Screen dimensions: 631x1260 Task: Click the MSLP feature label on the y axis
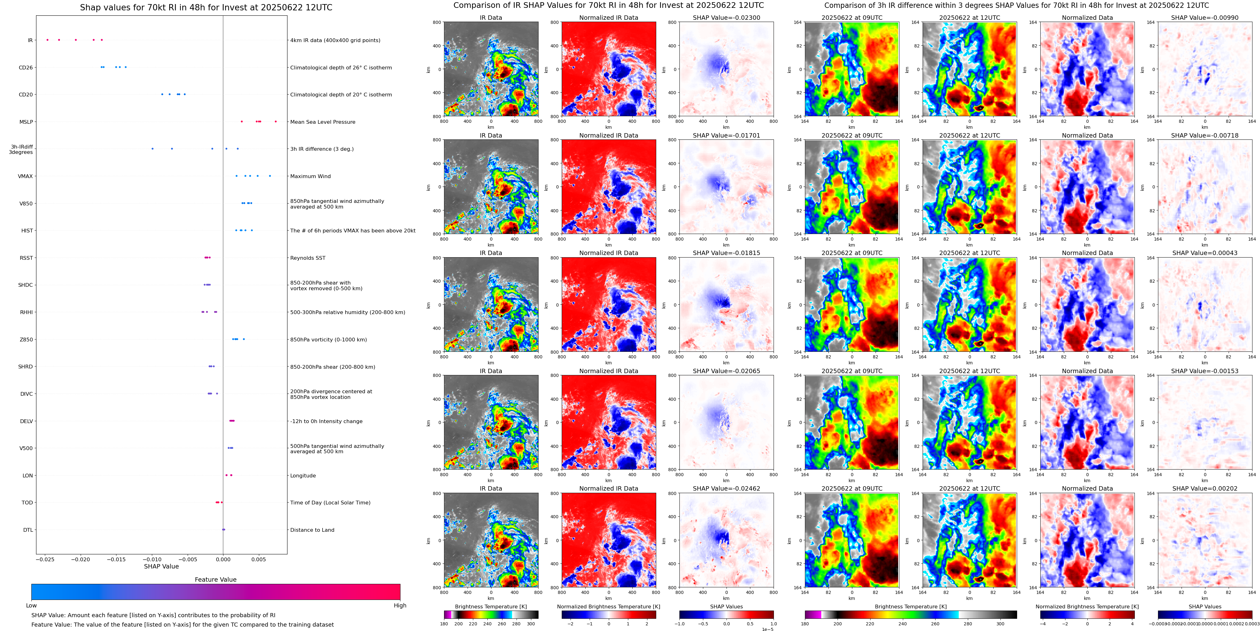click(26, 122)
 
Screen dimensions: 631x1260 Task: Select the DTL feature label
click(28, 530)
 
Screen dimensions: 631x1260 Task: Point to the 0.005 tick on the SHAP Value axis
click(259, 559)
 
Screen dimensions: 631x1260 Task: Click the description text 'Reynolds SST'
click(308, 258)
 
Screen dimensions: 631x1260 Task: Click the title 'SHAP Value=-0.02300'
click(727, 18)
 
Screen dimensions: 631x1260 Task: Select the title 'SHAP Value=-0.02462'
click(727, 488)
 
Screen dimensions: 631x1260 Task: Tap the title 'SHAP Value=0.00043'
click(1205, 253)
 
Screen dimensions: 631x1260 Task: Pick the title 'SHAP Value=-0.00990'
click(1205, 18)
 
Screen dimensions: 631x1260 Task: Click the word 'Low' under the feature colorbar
click(31, 606)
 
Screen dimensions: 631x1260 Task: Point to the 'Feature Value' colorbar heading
click(216, 579)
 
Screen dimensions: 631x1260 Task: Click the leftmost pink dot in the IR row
click(47, 40)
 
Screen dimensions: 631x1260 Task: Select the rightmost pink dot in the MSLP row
click(276, 122)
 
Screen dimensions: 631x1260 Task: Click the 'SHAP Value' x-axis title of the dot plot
click(161, 566)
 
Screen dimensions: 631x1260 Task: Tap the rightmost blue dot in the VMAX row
click(270, 176)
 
